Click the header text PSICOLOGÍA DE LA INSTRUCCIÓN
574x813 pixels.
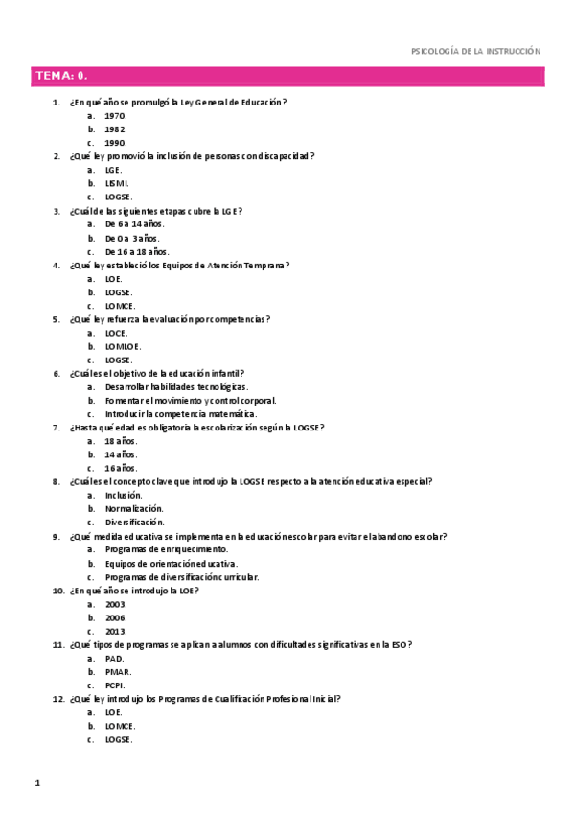(x=475, y=51)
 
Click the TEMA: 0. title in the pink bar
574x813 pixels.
(x=62, y=76)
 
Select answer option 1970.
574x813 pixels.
(x=116, y=115)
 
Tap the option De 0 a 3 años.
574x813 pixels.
(x=132, y=238)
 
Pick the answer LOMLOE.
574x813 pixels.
(x=124, y=346)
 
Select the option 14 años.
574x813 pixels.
(x=122, y=454)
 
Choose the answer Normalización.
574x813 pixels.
(x=134, y=508)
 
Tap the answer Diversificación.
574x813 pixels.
(x=135, y=523)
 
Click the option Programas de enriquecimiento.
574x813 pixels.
(x=167, y=549)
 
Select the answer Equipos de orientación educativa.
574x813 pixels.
(x=172, y=564)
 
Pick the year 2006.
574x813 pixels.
(x=116, y=617)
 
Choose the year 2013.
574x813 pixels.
(x=116, y=632)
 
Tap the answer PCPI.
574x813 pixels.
(x=115, y=685)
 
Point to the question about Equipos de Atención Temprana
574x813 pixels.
(x=180, y=265)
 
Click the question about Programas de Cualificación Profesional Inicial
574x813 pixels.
(x=205, y=699)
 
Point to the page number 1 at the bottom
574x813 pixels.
(x=36, y=784)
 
